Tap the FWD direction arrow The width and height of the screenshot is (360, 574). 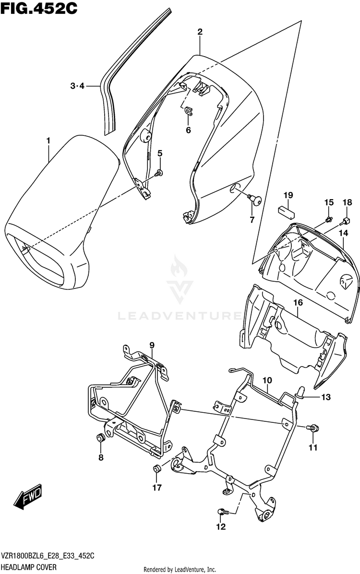[x=28, y=496]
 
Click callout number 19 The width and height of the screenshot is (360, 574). [x=288, y=195]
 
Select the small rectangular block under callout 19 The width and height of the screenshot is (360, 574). [x=288, y=209]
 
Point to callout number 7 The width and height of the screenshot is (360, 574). [x=251, y=220]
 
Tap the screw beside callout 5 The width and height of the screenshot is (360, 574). [x=160, y=172]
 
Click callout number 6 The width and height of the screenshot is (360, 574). [x=188, y=130]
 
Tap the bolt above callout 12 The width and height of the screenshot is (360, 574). [x=221, y=512]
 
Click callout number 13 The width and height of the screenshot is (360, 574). [x=326, y=397]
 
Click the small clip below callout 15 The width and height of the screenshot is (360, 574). [x=328, y=220]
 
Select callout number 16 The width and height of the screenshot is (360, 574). [x=298, y=302]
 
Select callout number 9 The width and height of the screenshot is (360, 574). [x=152, y=345]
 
